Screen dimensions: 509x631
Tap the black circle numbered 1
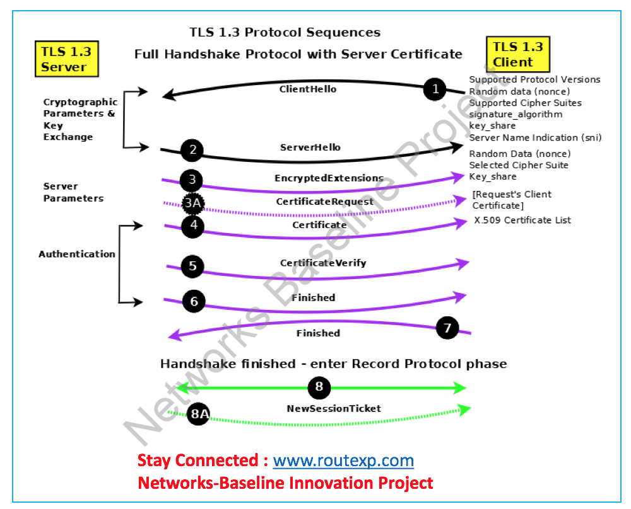click(x=435, y=89)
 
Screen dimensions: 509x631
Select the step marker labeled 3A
click(x=193, y=203)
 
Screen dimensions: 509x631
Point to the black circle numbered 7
click(x=447, y=328)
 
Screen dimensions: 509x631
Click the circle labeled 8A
click(x=199, y=413)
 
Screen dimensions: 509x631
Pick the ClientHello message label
click(x=308, y=89)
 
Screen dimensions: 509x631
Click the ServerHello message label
click(x=310, y=147)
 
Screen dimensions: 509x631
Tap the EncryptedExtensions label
click(x=329, y=178)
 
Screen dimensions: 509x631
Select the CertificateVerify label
click(x=323, y=263)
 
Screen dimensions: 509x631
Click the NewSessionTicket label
click(x=334, y=409)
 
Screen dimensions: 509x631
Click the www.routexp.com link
click(x=343, y=460)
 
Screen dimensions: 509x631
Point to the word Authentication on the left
click(x=77, y=254)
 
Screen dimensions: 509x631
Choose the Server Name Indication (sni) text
click(x=535, y=137)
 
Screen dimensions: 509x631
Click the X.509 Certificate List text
click(x=522, y=220)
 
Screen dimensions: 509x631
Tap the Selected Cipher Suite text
click(x=519, y=165)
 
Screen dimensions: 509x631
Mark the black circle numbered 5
click(x=192, y=266)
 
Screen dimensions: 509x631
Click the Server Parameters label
click(x=73, y=192)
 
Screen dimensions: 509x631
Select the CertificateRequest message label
click(x=324, y=202)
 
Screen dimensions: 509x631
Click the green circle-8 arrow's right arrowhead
click(x=462, y=387)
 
